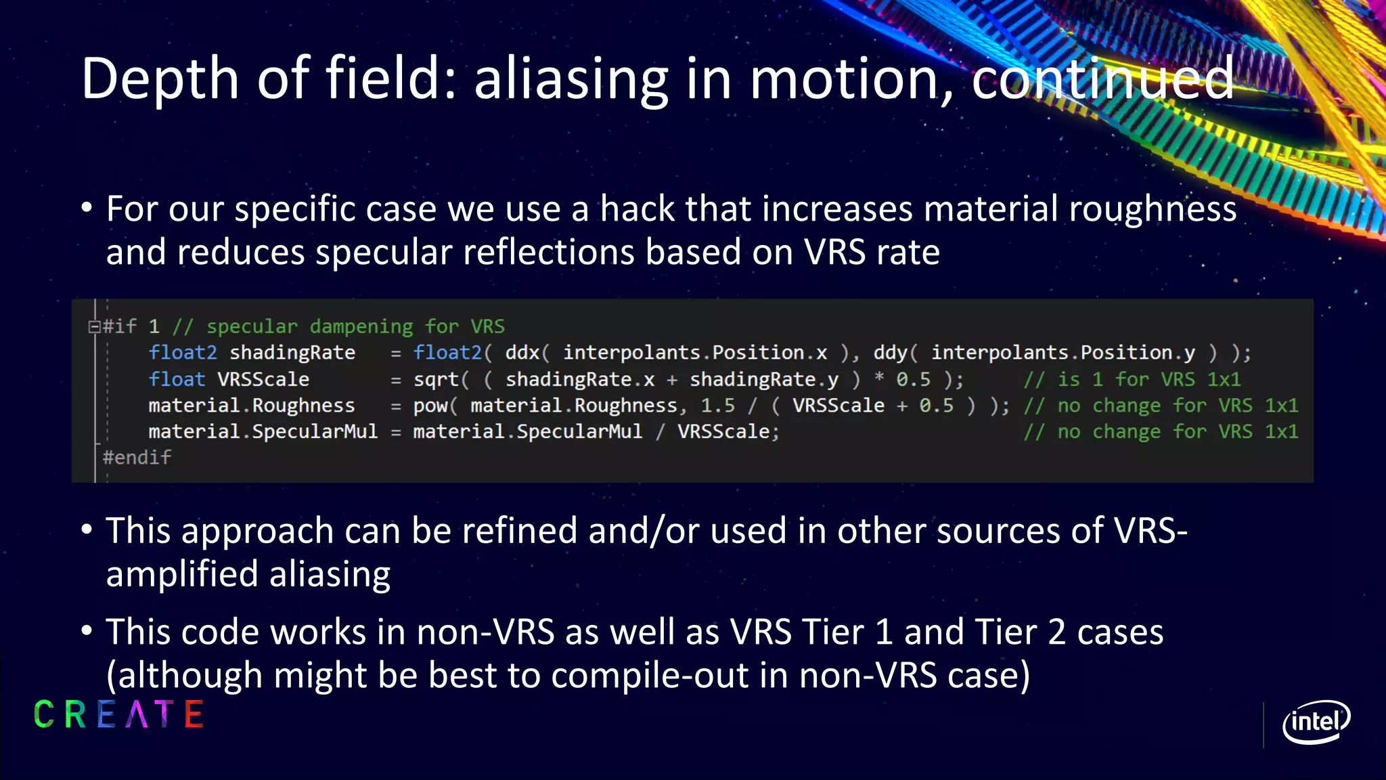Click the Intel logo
point(1316,722)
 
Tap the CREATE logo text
point(118,715)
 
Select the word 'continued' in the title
point(1102,79)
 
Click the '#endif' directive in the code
point(137,458)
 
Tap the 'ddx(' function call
point(527,353)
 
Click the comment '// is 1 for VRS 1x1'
point(1132,379)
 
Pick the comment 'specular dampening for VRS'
point(355,326)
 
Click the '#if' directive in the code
point(120,326)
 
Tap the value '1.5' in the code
point(717,406)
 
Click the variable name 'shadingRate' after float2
point(292,353)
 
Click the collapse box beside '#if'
point(94,327)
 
